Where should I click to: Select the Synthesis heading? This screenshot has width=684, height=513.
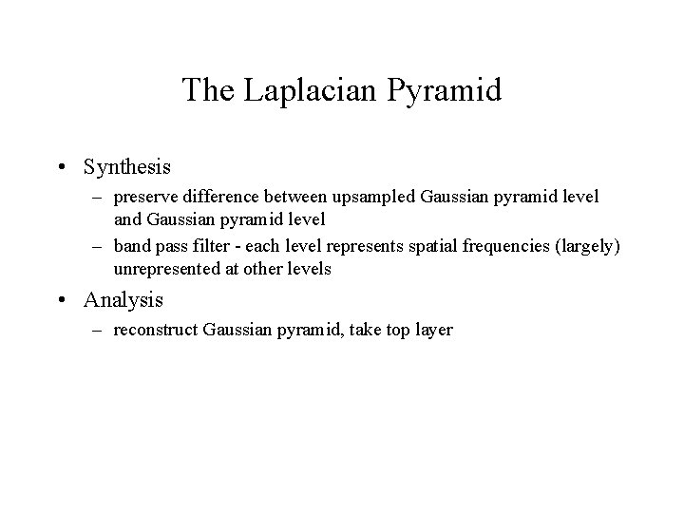point(126,166)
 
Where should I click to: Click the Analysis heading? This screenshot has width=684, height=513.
point(123,300)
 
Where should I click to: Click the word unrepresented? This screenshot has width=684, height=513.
point(161,269)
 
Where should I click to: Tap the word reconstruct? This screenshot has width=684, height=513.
point(151,331)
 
